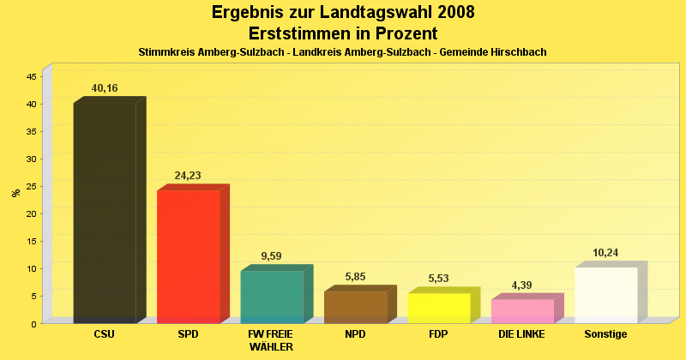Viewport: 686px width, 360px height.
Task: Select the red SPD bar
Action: point(189,256)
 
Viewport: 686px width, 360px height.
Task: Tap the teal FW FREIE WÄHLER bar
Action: point(272,297)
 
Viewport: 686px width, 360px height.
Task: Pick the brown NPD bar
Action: point(356,307)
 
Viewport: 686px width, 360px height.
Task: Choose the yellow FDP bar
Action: point(439,308)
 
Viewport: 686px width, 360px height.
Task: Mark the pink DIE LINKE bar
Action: point(523,310)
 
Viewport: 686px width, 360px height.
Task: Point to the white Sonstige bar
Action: point(606,295)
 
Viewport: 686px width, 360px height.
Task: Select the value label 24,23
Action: point(188,176)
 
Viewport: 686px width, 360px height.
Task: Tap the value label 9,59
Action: point(271,256)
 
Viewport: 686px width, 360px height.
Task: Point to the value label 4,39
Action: point(522,285)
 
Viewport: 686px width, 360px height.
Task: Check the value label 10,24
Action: point(605,253)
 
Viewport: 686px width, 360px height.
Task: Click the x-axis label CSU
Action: point(104,334)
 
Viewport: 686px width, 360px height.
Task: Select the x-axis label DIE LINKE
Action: point(521,334)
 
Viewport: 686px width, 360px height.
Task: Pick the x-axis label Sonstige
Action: point(605,334)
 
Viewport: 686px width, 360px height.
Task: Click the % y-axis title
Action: point(15,193)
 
